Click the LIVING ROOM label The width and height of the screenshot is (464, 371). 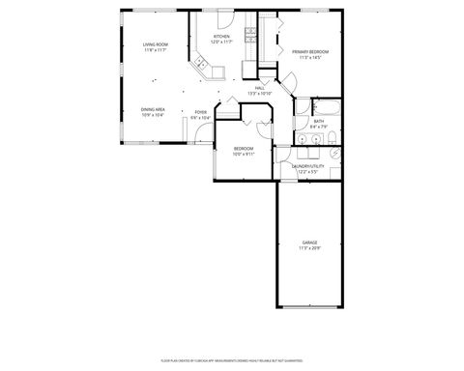point(155,45)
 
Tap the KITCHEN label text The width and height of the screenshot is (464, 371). point(222,37)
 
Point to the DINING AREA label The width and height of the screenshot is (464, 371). point(153,109)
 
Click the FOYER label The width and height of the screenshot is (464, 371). point(200,112)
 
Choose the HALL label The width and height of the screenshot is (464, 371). point(259,88)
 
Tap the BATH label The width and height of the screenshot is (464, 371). point(318,121)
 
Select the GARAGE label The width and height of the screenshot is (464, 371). point(309,242)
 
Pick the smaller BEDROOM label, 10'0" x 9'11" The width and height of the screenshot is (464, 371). point(243,148)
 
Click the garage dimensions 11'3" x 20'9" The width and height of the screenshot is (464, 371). point(309,247)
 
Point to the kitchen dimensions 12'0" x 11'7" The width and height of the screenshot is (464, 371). point(222,43)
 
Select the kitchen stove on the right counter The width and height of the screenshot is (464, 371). point(249,36)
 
